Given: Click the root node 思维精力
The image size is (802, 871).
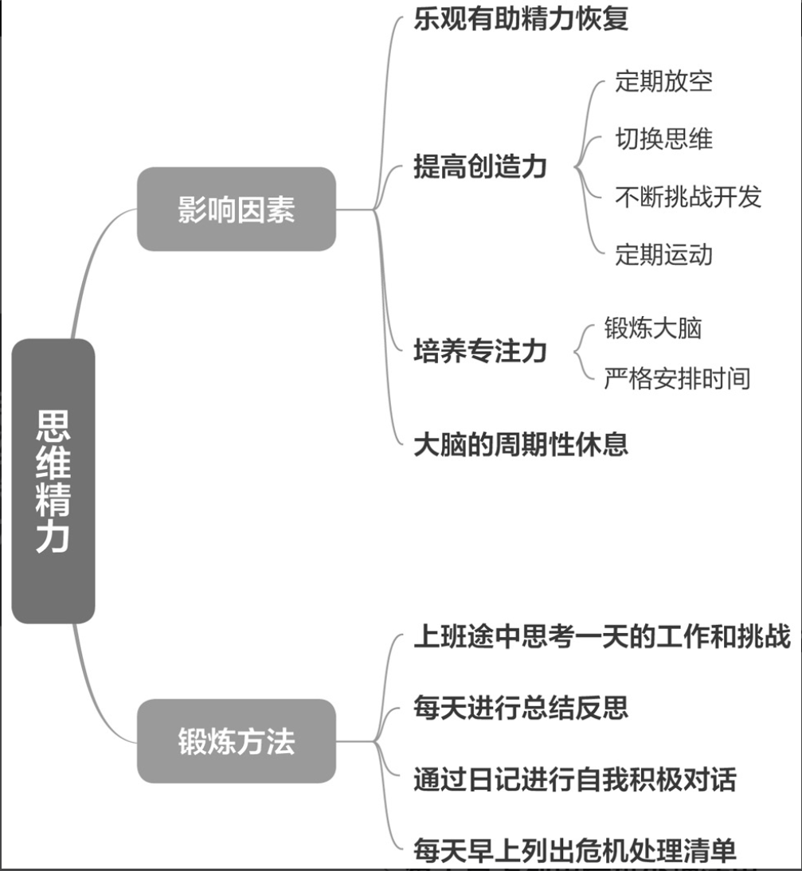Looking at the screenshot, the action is pyautogui.click(x=53, y=481).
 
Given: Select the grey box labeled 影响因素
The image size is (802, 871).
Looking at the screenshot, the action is pyautogui.click(x=237, y=209).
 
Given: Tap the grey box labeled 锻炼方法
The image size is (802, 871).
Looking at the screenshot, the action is pyautogui.click(x=237, y=741).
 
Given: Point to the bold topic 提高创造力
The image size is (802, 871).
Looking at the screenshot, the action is pyautogui.click(x=480, y=167).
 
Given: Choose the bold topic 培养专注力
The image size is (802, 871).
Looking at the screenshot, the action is pyautogui.click(x=480, y=351).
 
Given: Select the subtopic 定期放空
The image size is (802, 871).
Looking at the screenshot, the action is pyautogui.click(x=663, y=81).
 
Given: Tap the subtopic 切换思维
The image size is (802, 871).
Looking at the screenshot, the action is pyautogui.click(x=663, y=139).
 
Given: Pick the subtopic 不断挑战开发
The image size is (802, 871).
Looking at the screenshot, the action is pyautogui.click(x=688, y=197).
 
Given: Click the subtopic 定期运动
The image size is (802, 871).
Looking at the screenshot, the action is pyautogui.click(x=663, y=255).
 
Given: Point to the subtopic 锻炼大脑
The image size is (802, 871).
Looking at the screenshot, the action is pyautogui.click(x=653, y=328).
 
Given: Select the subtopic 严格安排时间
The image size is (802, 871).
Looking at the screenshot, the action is pyautogui.click(x=677, y=378).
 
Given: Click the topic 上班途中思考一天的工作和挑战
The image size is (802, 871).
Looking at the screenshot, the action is pyautogui.click(x=601, y=638).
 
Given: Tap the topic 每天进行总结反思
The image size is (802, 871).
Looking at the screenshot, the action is pyautogui.click(x=521, y=706).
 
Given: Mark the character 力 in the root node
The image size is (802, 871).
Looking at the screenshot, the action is pyautogui.click(x=53, y=538).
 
